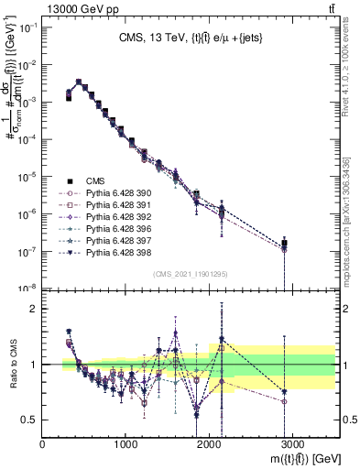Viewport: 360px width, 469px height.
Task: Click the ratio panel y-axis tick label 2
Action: pos(34,309)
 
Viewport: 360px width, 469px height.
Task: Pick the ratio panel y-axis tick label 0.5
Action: pos(29,420)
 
